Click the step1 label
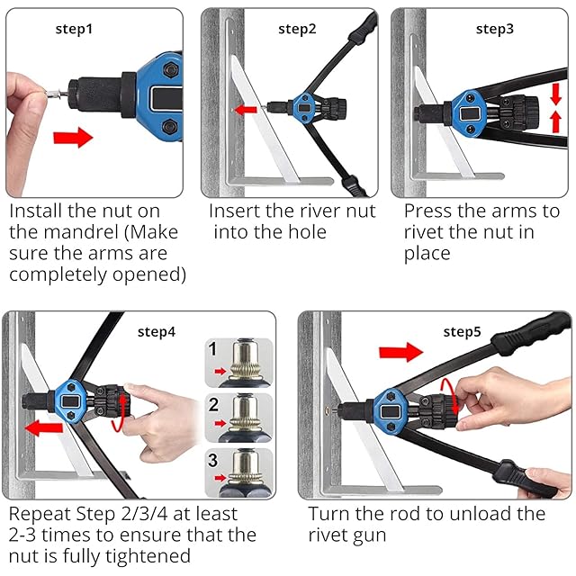[x=74, y=29]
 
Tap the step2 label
[x=297, y=29]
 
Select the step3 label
[x=494, y=29]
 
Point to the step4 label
[x=157, y=332]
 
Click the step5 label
[x=462, y=332]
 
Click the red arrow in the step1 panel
[x=73, y=138]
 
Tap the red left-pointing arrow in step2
[x=246, y=110]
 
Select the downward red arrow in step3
[x=556, y=94]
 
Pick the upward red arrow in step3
[x=556, y=122]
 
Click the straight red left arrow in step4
[x=44, y=428]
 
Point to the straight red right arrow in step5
[x=400, y=352]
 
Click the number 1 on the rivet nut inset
[x=212, y=348]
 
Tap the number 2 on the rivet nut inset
[x=213, y=405]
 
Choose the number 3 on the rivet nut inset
[x=213, y=460]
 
